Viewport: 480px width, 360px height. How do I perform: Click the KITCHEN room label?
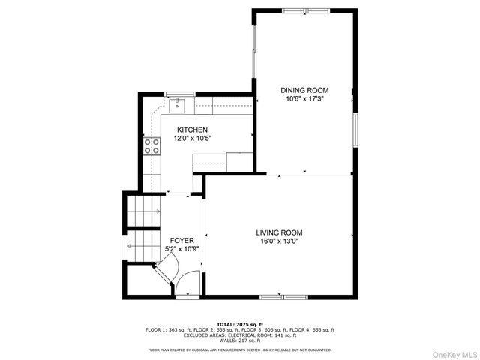point(192,130)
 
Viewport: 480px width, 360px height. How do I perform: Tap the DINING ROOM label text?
point(304,90)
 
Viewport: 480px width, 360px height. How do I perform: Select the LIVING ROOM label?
point(279,232)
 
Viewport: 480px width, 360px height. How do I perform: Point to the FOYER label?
point(181,240)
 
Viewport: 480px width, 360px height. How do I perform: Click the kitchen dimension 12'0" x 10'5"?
point(192,138)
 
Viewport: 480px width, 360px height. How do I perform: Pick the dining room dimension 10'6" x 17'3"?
point(304,98)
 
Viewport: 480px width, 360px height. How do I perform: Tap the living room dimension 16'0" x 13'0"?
point(279,241)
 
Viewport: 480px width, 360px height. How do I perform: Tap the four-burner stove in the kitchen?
point(152,145)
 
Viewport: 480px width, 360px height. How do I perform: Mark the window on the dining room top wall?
point(304,10)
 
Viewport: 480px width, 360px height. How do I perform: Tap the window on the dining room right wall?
point(355,127)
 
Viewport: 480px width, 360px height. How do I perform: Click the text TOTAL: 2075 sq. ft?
point(240,323)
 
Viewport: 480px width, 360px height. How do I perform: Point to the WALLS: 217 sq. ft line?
point(240,339)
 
